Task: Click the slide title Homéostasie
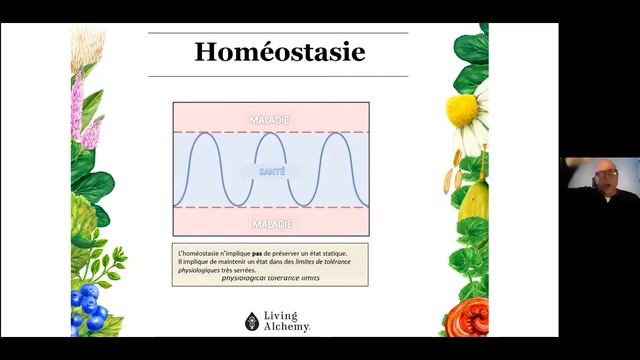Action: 279,53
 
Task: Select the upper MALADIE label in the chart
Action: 271,119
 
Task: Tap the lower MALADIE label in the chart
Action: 271,223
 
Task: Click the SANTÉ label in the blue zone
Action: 271,171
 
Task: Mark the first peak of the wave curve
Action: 204,134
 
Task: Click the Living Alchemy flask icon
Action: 252,321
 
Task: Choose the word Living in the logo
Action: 282,316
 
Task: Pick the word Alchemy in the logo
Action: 288,327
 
